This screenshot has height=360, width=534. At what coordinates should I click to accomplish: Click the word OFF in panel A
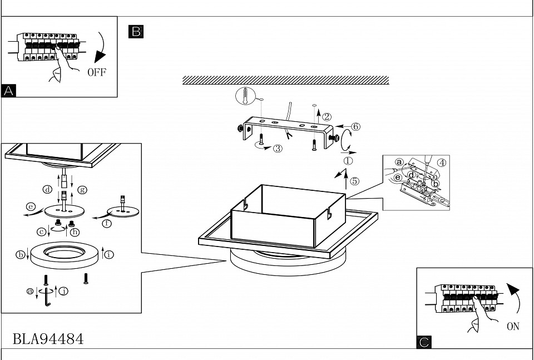[x=96, y=73]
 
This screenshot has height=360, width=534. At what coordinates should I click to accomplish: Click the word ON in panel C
[x=513, y=327]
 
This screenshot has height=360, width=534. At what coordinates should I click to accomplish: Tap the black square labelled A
[x=9, y=91]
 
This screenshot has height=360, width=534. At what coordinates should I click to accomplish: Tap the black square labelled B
[x=136, y=31]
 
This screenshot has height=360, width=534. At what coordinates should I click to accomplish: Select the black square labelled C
[x=424, y=342]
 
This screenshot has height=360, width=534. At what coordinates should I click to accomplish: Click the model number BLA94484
[x=48, y=338]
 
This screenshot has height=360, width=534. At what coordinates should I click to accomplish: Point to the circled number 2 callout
[x=327, y=117]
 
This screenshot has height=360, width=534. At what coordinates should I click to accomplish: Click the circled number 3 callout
[x=278, y=148]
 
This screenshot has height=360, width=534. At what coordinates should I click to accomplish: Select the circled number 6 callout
[x=356, y=126]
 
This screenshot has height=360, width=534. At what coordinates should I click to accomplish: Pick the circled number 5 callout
[x=355, y=180]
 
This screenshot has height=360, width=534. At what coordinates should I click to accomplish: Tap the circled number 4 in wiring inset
[x=441, y=163]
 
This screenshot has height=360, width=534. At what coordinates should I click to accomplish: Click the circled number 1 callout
[x=349, y=160]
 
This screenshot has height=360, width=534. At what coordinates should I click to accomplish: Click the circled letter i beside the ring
[x=109, y=255]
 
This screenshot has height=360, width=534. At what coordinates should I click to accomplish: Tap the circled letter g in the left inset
[x=82, y=189]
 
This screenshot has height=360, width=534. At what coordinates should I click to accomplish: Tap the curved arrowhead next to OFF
[x=101, y=57]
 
